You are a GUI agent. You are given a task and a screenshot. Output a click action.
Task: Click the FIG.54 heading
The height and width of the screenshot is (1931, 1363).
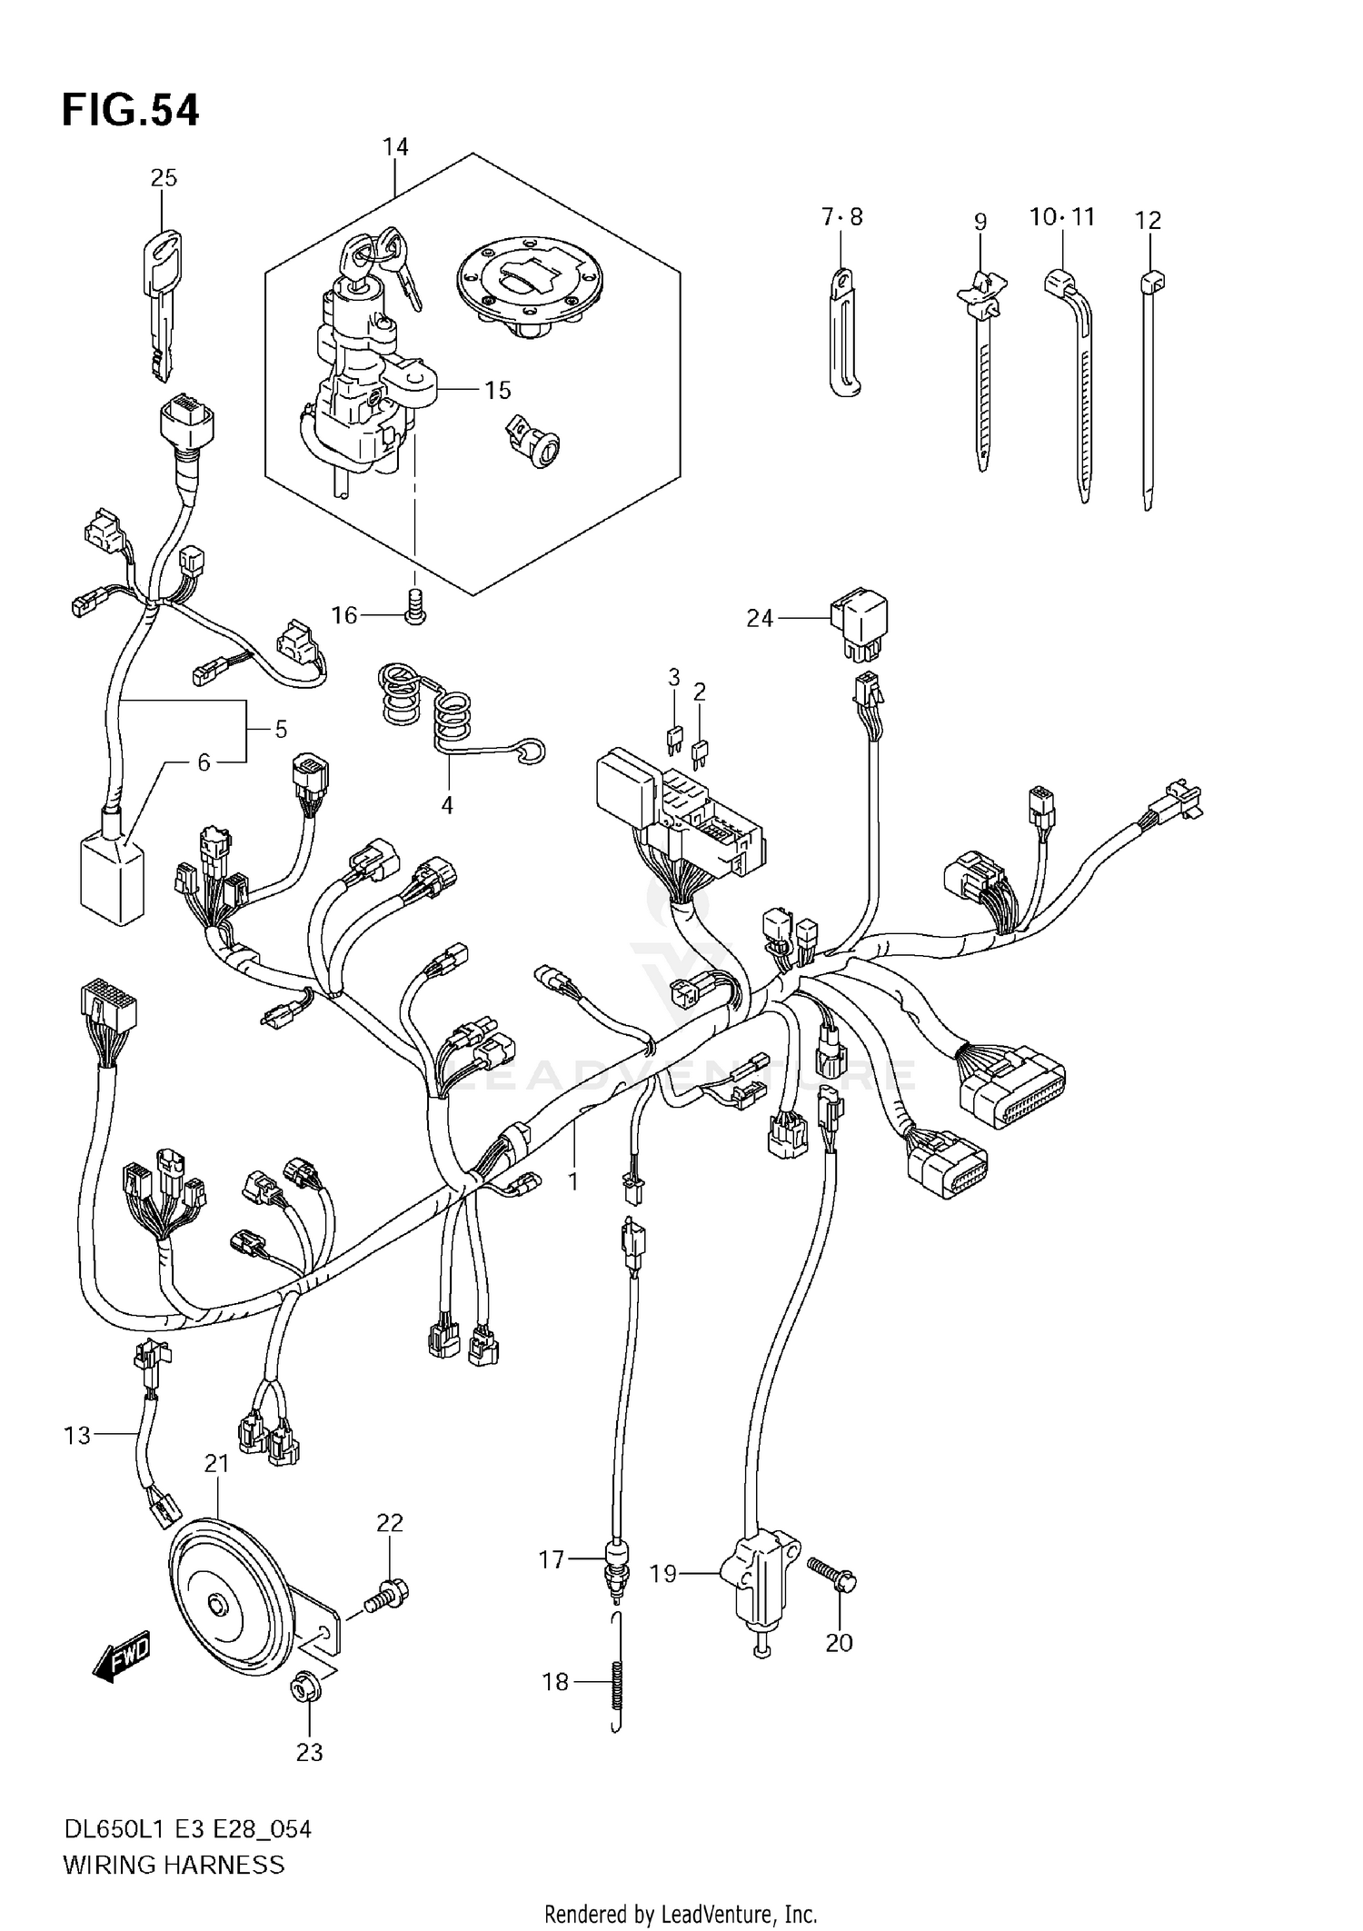click(130, 111)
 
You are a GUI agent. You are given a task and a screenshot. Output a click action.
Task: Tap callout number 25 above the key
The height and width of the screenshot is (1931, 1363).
click(164, 178)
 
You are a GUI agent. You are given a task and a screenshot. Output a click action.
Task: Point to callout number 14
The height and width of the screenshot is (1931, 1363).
click(395, 147)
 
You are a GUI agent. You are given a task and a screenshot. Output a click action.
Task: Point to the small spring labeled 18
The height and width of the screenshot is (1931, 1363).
click(618, 1684)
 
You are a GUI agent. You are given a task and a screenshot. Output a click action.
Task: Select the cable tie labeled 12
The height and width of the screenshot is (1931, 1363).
click(1149, 391)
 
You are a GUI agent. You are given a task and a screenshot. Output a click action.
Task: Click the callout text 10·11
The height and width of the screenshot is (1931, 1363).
click(1061, 217)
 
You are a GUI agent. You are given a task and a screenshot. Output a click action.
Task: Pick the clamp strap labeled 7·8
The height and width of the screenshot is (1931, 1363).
click(843, 332)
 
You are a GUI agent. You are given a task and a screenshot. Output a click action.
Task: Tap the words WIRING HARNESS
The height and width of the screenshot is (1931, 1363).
click(174, 1865)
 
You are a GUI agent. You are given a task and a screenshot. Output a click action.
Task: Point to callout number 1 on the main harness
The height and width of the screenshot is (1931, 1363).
click(572, 1181)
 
